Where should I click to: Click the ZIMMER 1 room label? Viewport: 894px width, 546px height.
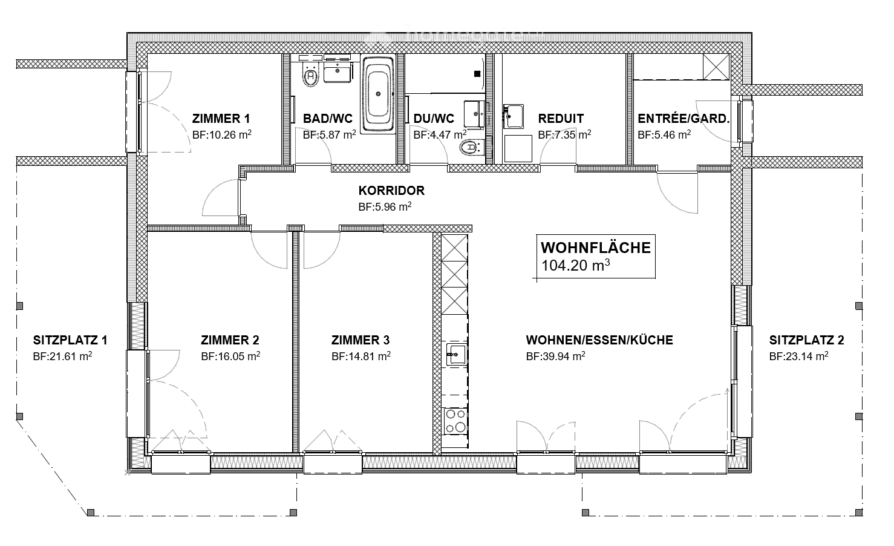[221, 119]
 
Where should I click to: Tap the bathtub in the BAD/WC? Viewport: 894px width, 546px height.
[378, 94]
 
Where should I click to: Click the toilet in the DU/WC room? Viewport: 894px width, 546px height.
[470, 148]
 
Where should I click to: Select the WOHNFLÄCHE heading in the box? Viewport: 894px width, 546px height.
[595, 248]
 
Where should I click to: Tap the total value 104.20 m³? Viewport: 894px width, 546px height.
[575, 265]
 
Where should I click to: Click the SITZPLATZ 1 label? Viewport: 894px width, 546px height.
[70, 340]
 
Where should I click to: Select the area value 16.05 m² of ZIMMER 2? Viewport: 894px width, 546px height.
[230, 357]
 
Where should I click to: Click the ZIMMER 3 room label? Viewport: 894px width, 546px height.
[361, 340]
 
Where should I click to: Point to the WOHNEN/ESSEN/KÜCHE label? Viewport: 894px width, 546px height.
[599, 340]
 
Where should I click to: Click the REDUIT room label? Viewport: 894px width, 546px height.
[561, 119]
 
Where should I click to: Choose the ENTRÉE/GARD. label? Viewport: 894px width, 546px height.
[684, 119]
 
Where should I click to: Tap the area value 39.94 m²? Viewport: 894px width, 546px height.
[555, 357]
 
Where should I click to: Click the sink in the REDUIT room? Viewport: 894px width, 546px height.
[514, 115]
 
